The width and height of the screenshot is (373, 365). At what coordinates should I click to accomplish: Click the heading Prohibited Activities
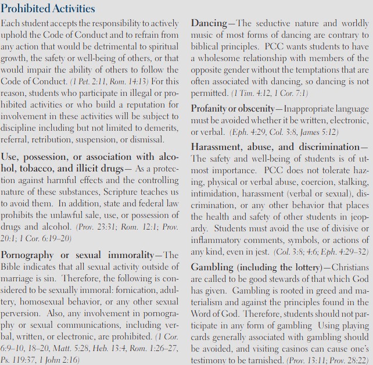pos(48,9)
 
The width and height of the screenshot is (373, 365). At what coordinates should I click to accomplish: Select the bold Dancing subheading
pos(209,24)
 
